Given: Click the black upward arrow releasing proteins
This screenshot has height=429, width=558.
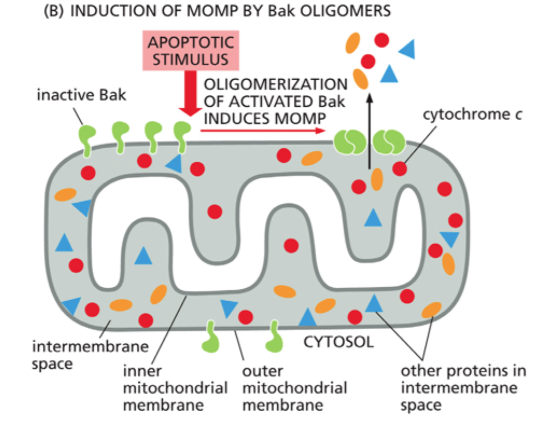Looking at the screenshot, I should (x=369, y=129).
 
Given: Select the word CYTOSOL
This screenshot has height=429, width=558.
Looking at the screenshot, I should (x=339, y=342).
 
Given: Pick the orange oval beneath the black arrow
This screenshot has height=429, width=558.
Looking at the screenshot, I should (x=376, y=179).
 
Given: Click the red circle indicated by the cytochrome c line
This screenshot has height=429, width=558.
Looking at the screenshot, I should (x=400, y=169).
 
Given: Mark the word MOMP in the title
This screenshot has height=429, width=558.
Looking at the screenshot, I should (x=183, y=11).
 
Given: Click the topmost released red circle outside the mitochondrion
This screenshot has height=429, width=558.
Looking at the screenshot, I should (x=382, y=40).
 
